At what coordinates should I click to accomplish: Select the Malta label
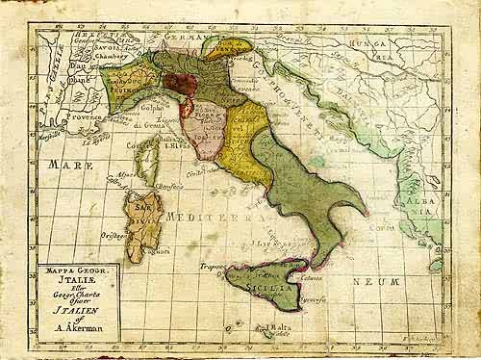click(280, 328)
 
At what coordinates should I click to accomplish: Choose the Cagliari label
click(159, 251)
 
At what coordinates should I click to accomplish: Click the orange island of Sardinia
click(140, 217)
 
